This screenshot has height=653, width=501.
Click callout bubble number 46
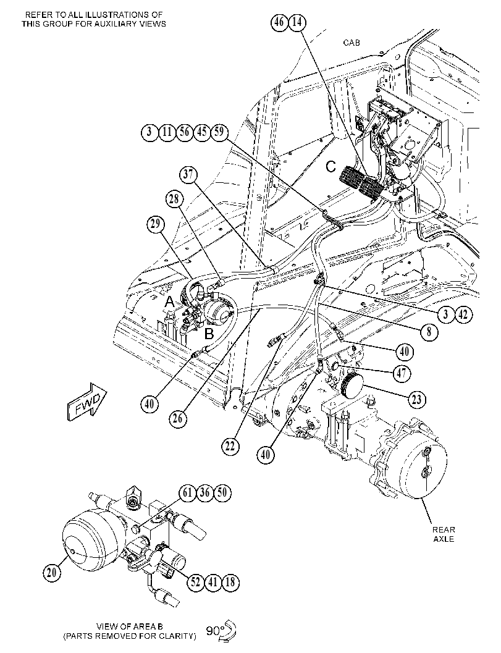point(279,22)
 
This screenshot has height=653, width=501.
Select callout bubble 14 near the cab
point(297,22)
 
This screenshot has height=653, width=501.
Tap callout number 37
point(189,174)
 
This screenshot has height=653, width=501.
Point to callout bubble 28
point(174,200)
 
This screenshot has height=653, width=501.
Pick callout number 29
point(155,224)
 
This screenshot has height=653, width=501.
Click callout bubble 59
point(219,132)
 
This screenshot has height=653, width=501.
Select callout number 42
point(463,314)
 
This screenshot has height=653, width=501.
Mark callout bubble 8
point(429,332)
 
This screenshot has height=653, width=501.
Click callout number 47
point(402,374)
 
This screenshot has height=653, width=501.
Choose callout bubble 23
point(416,400)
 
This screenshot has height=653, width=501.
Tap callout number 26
point(178,418)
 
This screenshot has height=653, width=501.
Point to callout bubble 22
point(230,447)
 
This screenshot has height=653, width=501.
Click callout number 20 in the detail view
point(52,573)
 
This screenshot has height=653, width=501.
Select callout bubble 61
point(188,493)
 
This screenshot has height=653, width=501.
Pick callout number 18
point(230,582)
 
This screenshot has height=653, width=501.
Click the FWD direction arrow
point(88,402)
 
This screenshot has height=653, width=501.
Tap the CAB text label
point(352,43)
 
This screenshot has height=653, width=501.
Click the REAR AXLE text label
point(444,534)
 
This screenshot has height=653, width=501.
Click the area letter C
point(330,167)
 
